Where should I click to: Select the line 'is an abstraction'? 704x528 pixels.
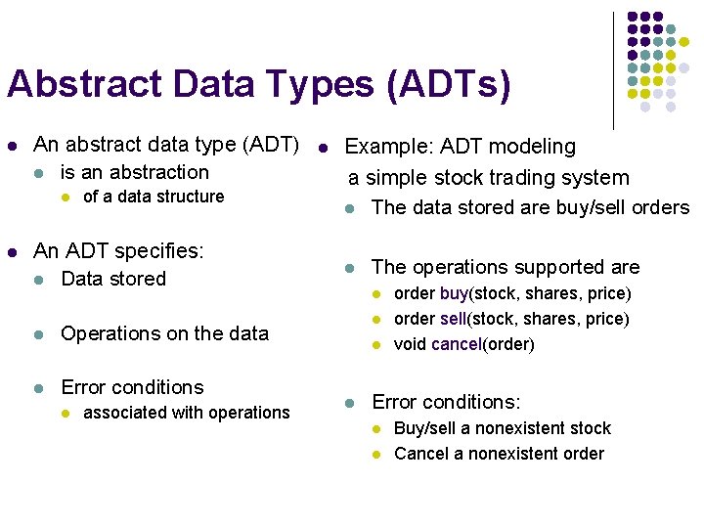[x=135, y=172]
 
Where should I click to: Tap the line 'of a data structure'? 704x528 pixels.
[x=154, y=197]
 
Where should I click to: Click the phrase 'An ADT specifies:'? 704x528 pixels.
[x=118, y=251]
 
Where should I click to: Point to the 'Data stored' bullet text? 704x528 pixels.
[x=113, y=279]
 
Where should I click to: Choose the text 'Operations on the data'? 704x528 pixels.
[x=164, y=333]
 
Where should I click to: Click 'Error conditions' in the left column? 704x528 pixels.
[x=132, y=387]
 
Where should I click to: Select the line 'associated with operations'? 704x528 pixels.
[x=187, y=413]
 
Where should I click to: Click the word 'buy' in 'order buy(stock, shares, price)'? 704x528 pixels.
[x=454, y=293]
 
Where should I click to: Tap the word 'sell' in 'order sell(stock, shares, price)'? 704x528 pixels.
[x=454, y=319]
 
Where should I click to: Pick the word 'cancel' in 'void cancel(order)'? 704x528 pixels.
[x=455, y=344]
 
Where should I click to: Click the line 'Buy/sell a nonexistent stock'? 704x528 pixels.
[x=502, y=428]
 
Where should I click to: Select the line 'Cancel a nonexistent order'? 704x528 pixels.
[x=499, y=454]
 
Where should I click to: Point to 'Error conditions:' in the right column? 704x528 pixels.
[x=446, y=402]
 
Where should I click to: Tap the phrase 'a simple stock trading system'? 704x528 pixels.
[x=490, y=178]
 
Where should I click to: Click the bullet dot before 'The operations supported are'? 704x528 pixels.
[x=349, y=268]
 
